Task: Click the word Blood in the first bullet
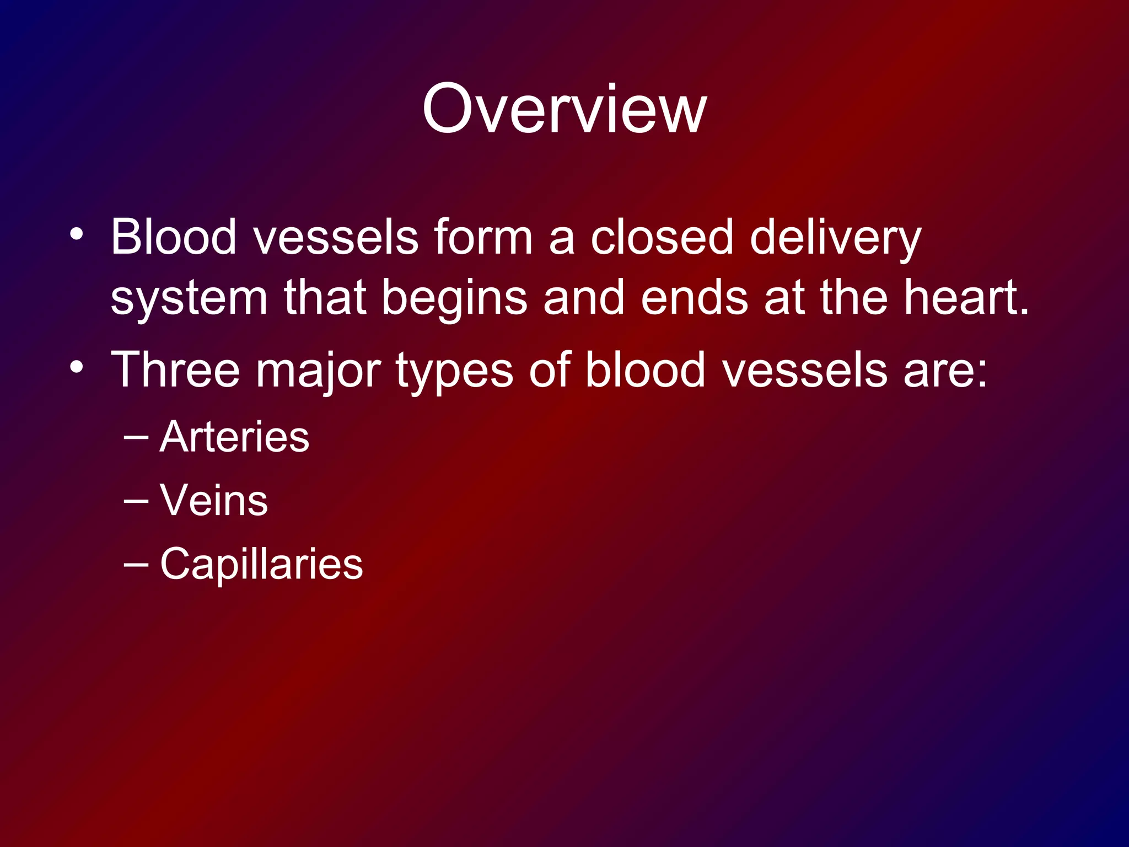click(173, 237)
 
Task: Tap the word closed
click(661, 237)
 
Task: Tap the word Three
click(175, 369)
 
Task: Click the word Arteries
click(234, 437)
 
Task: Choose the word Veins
click(214, 500)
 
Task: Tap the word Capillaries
click(261, 564)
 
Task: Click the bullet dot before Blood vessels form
click(77, 235)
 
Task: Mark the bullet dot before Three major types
click(77, 367)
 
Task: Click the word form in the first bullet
click(483, 237)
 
